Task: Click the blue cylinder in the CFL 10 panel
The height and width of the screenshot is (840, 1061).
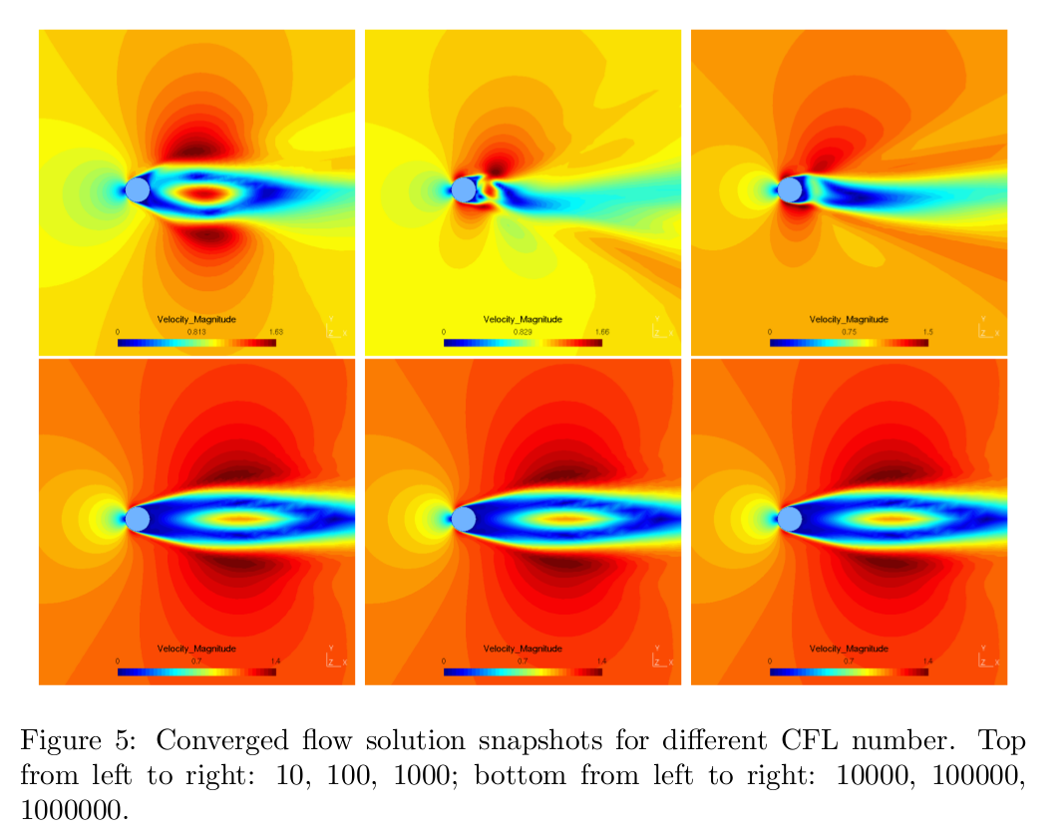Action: point(138,190)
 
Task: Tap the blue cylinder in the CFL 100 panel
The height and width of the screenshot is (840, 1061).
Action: point(464,190)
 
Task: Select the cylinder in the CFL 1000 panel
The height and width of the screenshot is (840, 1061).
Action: point(790,190)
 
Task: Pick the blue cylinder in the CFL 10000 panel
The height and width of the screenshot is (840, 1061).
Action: point(138,519)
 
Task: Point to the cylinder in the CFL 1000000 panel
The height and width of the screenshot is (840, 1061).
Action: point(790,519)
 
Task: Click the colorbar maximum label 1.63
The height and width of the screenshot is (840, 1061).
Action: point(275,331)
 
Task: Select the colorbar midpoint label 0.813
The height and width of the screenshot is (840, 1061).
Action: point(196,331)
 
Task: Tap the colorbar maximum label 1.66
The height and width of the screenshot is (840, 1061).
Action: point(601,331)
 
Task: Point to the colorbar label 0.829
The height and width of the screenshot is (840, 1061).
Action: point(523,331)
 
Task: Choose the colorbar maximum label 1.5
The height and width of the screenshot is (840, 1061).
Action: point(927,331)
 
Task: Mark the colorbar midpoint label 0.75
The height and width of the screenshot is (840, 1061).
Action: point(849,331)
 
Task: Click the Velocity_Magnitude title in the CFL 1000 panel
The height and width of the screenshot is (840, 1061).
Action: point(849,319)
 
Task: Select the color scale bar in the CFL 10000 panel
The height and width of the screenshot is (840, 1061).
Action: point(196,672)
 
